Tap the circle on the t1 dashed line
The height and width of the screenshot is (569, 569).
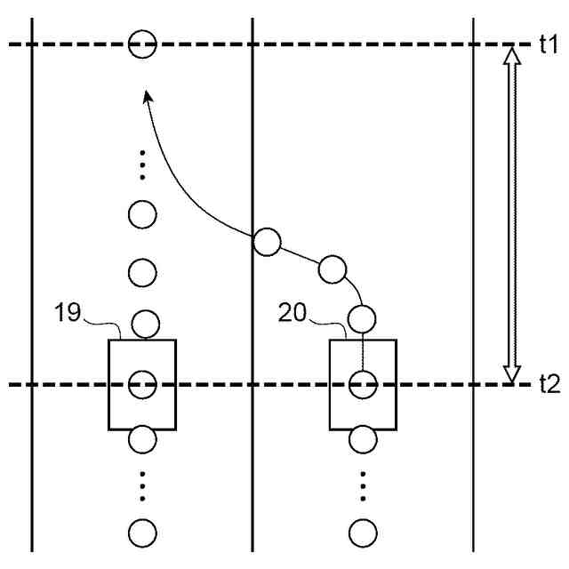[x=142, y=43]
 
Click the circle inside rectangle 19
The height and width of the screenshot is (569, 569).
[x=142, y=385]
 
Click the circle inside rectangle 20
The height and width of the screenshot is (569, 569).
[x=363, y=385]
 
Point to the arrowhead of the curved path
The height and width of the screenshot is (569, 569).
[x=148, y=92]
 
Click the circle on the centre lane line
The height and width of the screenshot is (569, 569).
[x=267, y=241]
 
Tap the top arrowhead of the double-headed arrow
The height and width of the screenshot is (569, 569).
[x=510, y=55]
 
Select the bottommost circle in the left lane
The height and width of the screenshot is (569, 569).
[x=142, y=532]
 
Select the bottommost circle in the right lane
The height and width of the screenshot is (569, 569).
[x=363, y=532]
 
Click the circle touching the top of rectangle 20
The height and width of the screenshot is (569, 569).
[x=361, y=317]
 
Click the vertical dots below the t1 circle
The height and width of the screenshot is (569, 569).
[x=142, y=164]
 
